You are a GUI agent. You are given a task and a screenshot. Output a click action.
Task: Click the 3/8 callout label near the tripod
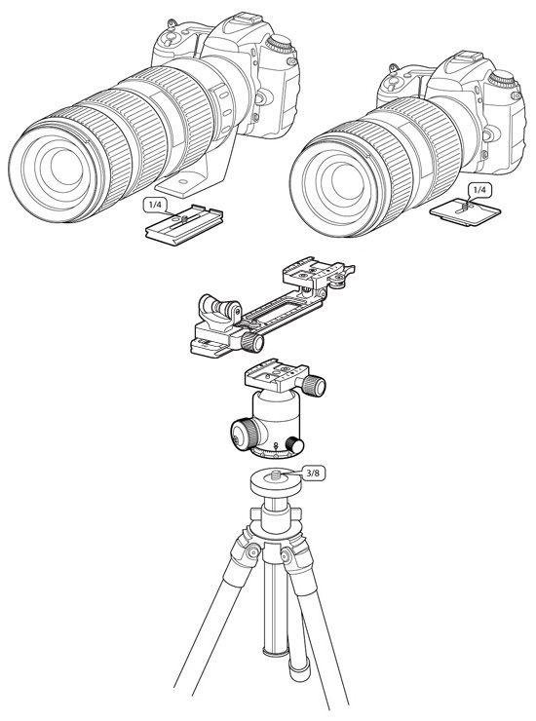point(314,474)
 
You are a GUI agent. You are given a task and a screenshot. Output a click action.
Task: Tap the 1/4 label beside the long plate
point(155,205)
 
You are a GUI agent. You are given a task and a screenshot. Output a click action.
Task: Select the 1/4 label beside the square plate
point(479,189)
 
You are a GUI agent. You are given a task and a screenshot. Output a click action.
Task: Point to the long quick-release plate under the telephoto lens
point(184,225)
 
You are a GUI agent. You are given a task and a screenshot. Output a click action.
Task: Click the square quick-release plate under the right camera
point(465,210)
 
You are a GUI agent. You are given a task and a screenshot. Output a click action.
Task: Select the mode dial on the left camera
point(280,44)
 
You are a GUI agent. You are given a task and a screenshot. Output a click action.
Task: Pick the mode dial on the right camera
point(502,79)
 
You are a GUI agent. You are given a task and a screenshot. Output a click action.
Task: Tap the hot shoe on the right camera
point(460,57)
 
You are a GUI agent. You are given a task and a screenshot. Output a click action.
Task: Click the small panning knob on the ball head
point(294,445)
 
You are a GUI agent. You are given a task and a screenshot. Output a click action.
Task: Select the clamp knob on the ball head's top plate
point(314,385)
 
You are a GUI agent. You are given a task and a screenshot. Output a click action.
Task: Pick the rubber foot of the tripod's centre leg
point(299,669)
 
